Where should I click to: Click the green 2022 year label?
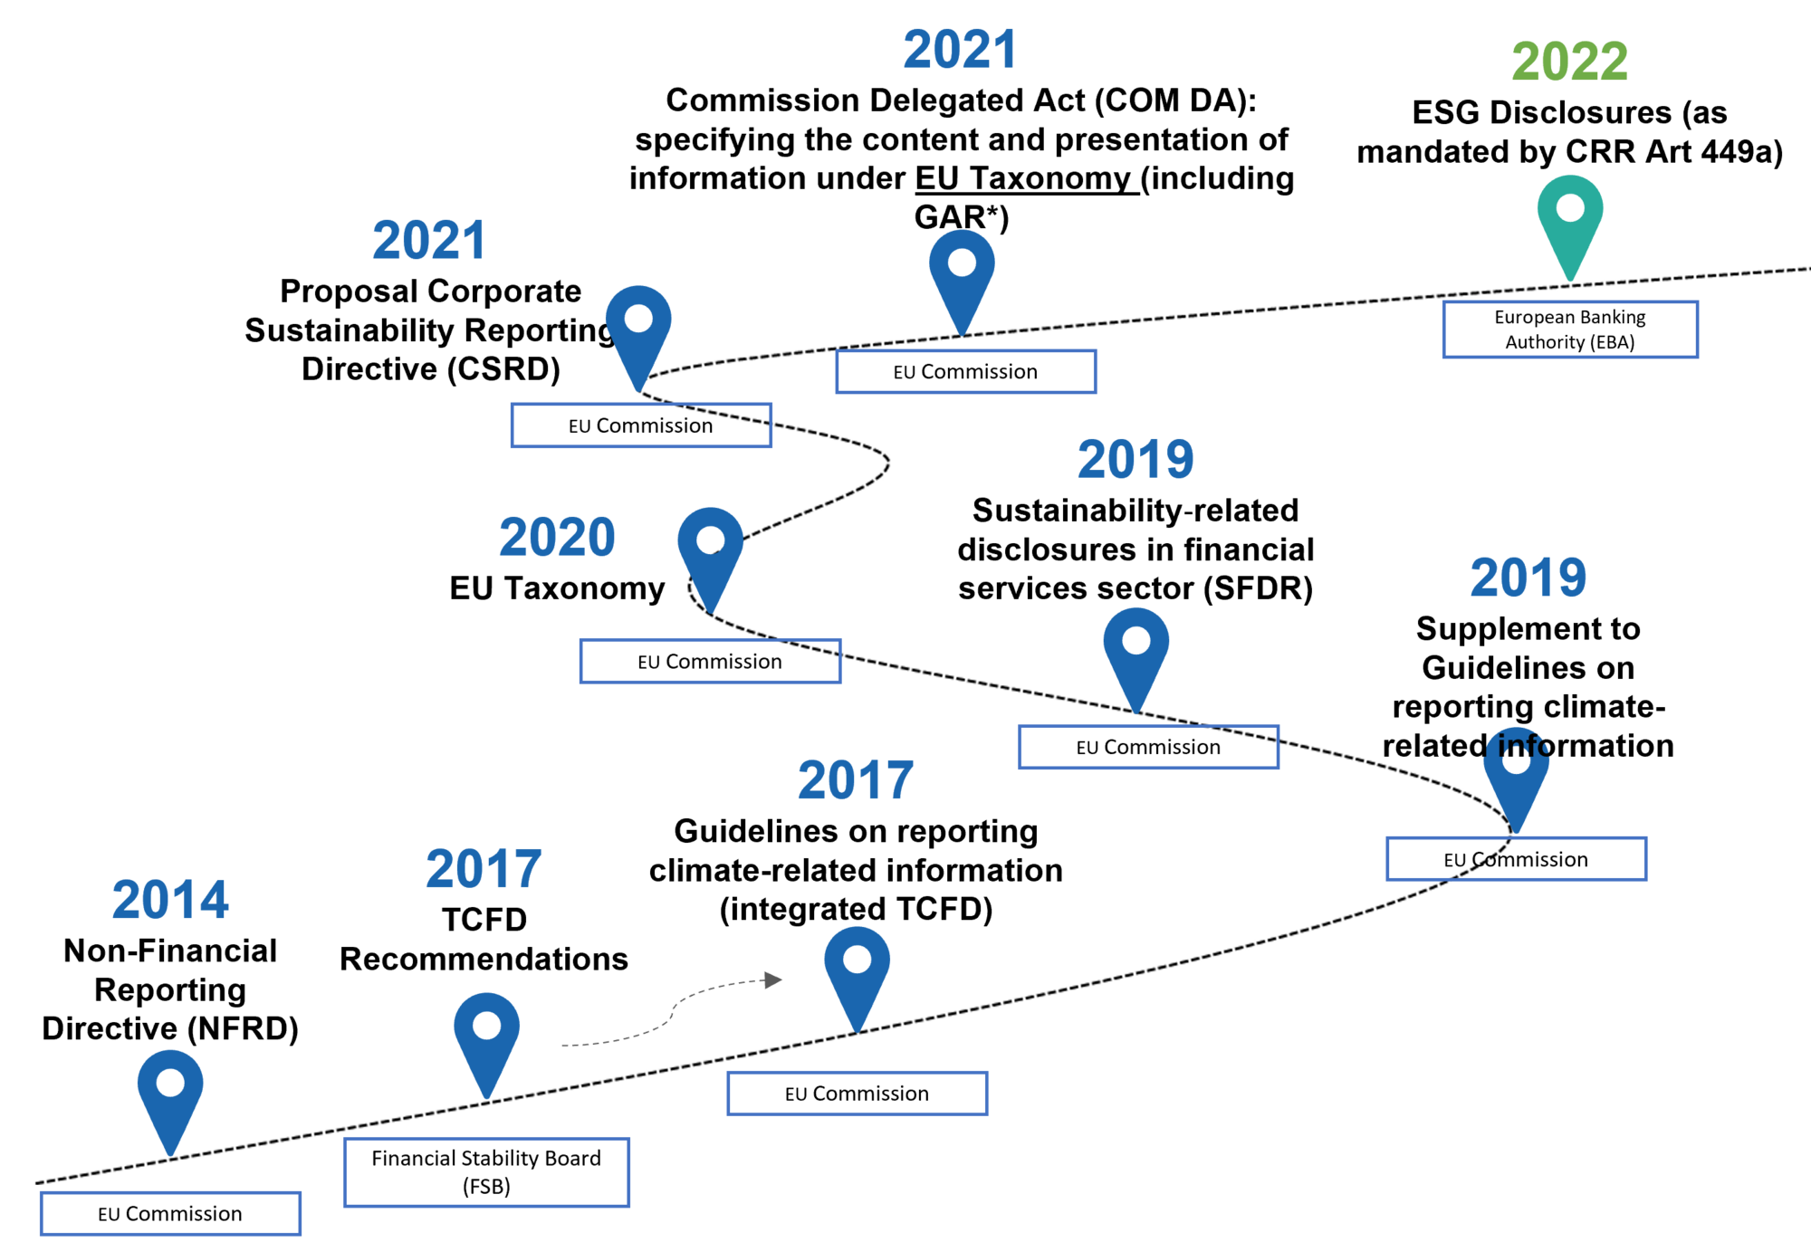1570,62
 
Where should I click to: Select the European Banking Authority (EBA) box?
1570,330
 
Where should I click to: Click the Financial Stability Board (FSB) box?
486,1172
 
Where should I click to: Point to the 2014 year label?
170,900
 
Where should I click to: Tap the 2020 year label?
557,538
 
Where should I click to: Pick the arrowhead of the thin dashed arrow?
773,979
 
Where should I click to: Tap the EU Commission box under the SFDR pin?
1148,747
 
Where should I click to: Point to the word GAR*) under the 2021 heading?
962,217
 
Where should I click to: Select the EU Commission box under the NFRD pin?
170,1214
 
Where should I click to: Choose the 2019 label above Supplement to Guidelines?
1528,578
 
